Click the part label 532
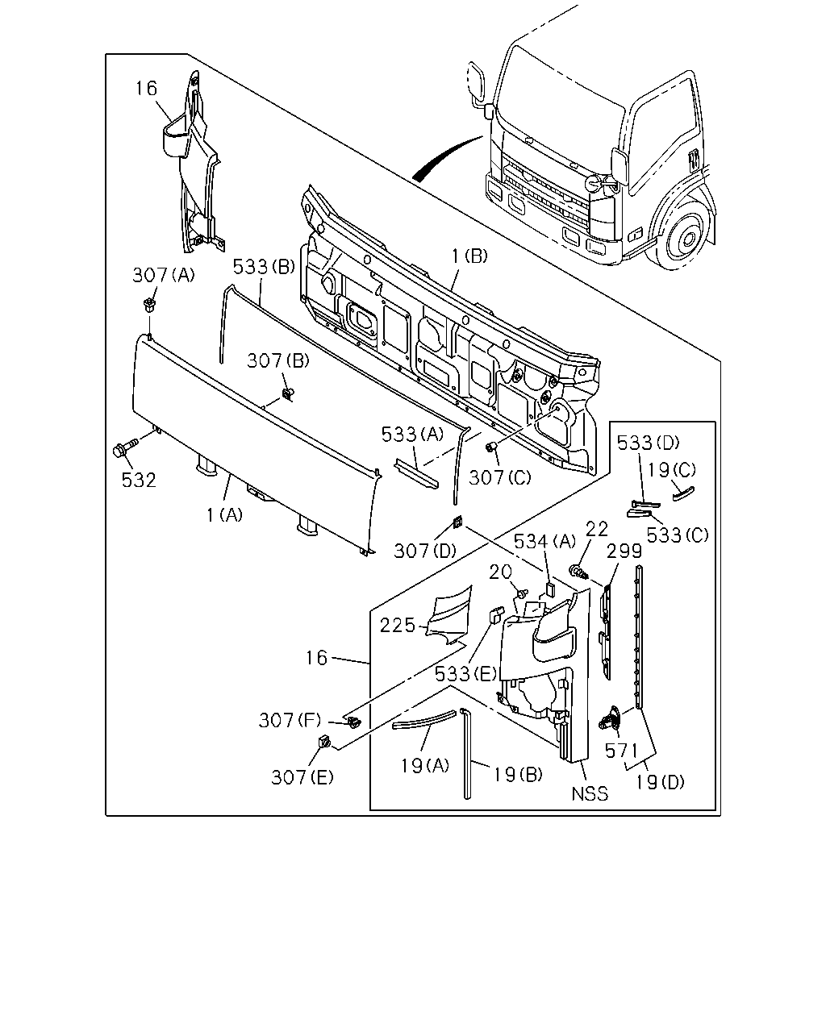[139, 480]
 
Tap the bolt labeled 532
[124, 447]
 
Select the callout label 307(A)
[164, 275]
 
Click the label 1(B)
[469, 256]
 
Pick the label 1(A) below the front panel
[224, 515]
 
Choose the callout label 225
[398, 626]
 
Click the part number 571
[621, 751]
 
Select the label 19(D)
[661, 783]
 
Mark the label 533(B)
[264, 266]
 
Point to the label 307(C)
[500, 477]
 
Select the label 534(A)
[544, 542]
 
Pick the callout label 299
[624, 551]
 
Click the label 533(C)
[678, 535]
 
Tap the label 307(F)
[290, 720]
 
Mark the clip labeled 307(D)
[458, 522]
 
